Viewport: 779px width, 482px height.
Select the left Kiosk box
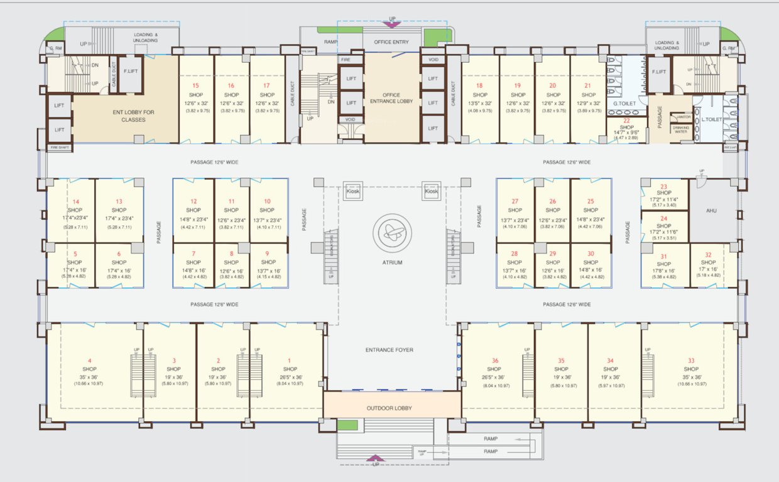pos(353,191)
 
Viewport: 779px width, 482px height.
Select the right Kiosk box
pos(432,191)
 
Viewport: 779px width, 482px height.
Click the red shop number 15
pos(195,85)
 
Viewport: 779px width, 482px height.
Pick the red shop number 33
pos(691,360)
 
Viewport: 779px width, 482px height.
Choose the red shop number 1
pos(289,360)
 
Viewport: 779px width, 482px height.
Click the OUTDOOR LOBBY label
pos(389,409)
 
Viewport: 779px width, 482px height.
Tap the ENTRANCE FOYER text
pos(389,350)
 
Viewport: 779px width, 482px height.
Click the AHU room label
pos(712,212)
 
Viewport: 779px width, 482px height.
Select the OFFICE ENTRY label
pos(391,42)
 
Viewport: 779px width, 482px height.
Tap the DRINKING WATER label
pos(681,129)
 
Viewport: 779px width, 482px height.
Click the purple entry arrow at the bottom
pos(376,459)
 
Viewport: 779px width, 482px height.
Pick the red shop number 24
pos(663,218)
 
